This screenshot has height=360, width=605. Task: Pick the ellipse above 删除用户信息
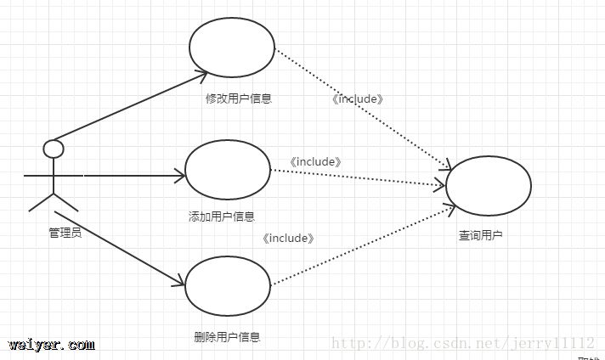pyautogui.click(x=228, y=285)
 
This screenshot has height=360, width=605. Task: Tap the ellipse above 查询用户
pyautogui.click(x=488, y=186)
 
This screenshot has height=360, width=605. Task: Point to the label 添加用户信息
pyautogui.click(x=221, y=217)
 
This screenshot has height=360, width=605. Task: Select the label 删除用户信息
pyautogui.click(x=227, y=336)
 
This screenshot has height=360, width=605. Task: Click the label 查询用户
pyautogui.click(x=480, y=235)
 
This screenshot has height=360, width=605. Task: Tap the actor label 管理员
pyautogui.click(x=65, y=232)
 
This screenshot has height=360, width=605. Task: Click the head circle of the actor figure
pyautogui.click(x=54, y=149)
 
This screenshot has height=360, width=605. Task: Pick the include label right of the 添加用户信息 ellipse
pyautogui.click(x=315, y=161)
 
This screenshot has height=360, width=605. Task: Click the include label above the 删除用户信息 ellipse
pyautogui.click(x=289, y=239)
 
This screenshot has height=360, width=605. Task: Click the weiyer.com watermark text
pyautogui.click(x=52, y=345)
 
